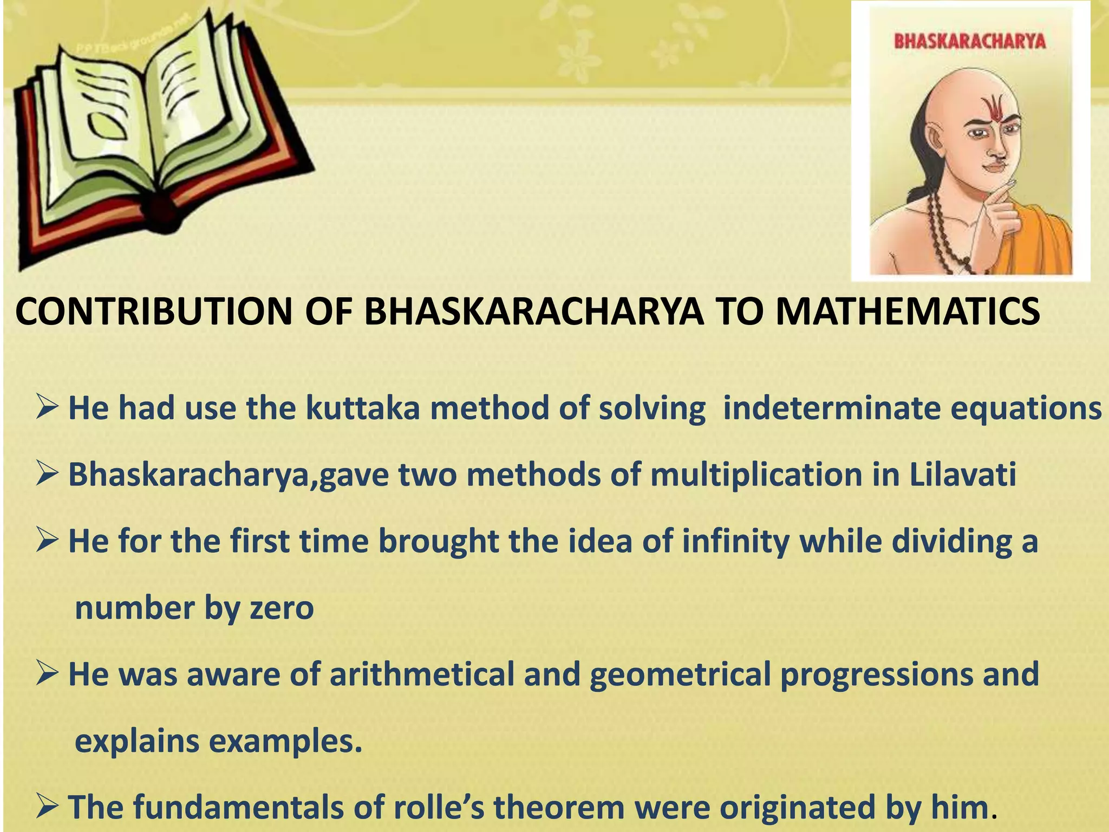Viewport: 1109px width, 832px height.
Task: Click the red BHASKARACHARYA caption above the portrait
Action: click(x=969, y=41)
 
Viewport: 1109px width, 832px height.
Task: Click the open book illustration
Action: click(x=157, y=135)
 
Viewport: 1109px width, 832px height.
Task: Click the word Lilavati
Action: click(x=962, y=474)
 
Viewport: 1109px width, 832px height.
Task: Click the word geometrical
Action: click(x=680, y=674)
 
